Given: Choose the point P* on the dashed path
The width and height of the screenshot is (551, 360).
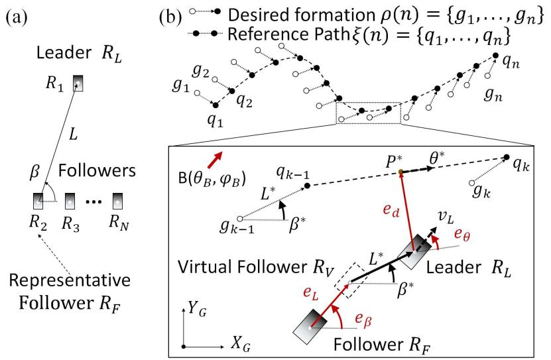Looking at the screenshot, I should pos(402,172).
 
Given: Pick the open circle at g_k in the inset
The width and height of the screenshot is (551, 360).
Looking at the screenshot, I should pos(471,182).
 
